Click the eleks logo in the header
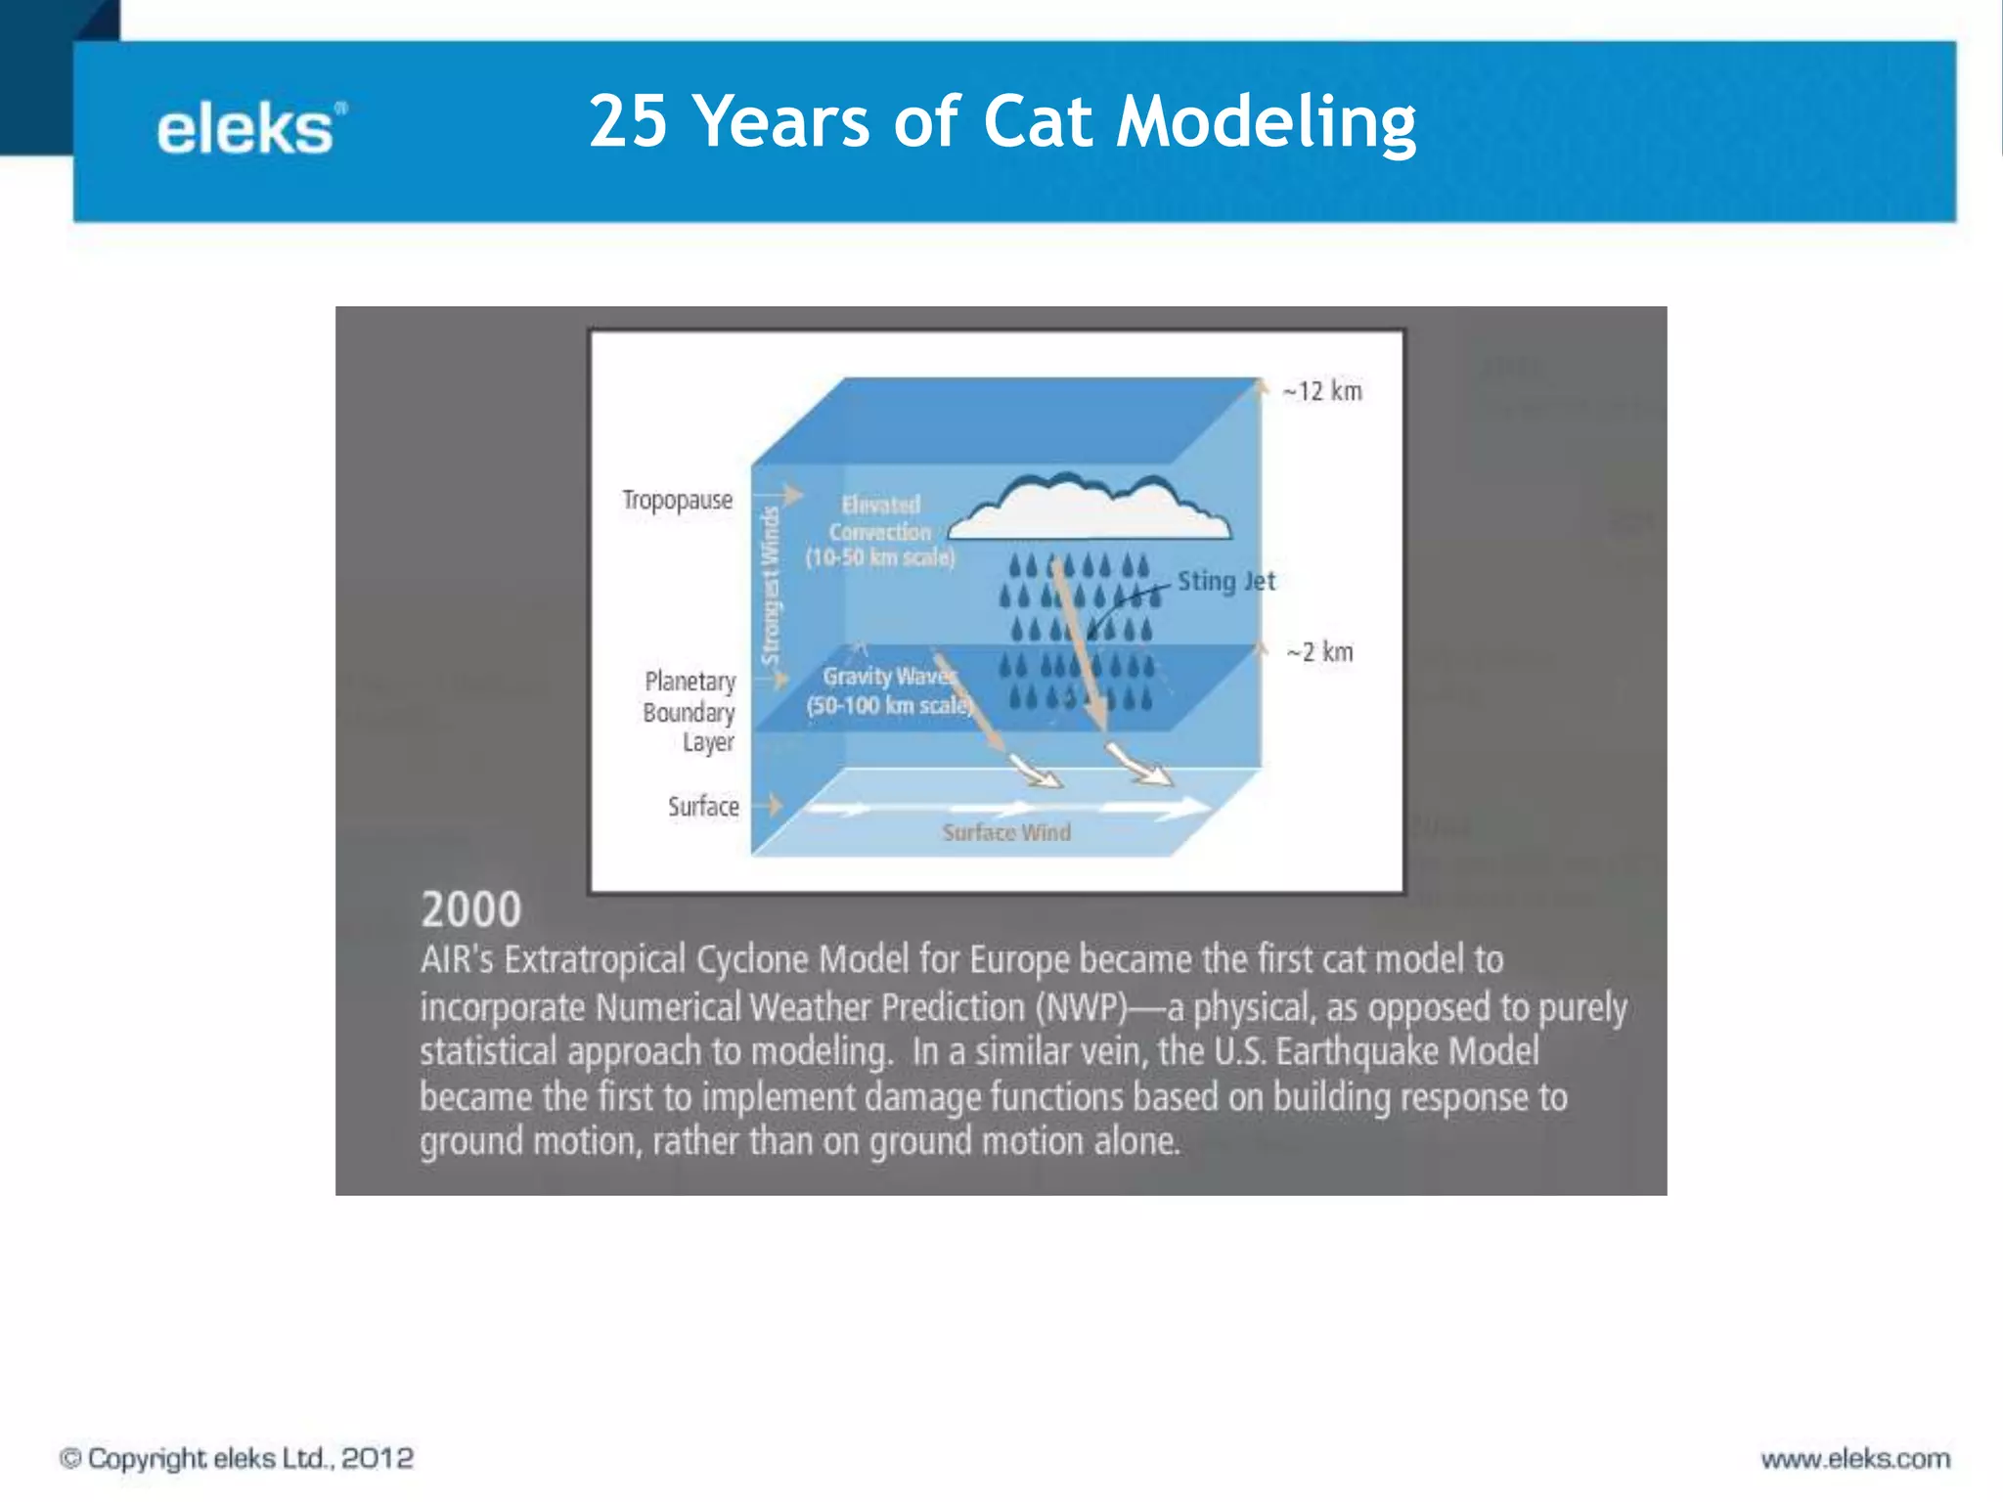click(x=249, y=129)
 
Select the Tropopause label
click(x=677, y=500)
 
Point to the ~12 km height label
click(x=1322, y=392)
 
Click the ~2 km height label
click(x=1320, y=652)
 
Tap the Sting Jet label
click(x=1226, y=581)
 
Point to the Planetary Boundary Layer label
click(x=690, y=712)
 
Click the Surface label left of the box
click(x=703, y=807)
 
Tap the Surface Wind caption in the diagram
click(x=1006, y=832)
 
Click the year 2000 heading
click(x=470, y=909)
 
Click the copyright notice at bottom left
click(x=237, y=1458)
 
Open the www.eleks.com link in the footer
click(x=1854, y=1459)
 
